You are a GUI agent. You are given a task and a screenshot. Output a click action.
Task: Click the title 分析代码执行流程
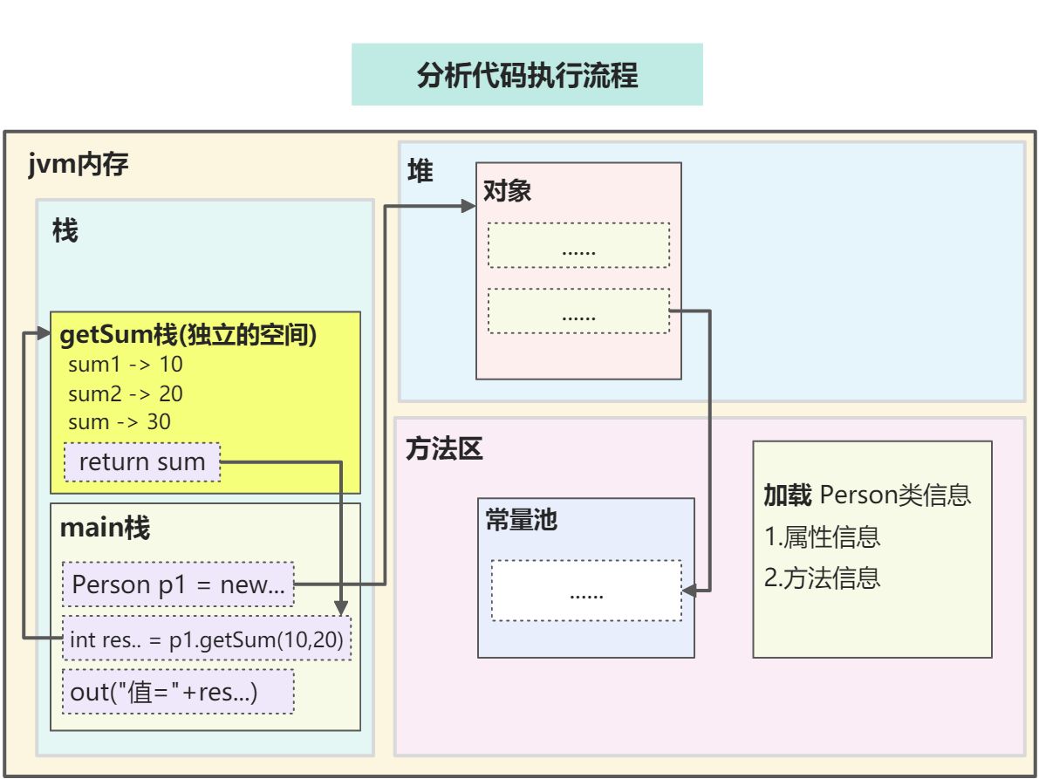point(527,75)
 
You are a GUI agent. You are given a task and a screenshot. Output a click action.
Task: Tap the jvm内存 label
point(79,164)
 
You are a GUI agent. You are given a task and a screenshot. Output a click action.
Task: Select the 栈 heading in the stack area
point(65,230)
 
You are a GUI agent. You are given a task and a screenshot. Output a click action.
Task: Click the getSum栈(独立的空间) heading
point(188,334)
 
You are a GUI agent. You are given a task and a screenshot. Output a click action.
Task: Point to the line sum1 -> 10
point(126,365)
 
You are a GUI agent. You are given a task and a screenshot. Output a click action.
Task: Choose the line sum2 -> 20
point(126,393)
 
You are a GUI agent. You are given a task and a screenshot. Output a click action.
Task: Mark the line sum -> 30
point(120,422)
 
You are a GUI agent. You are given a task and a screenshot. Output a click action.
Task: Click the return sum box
point(142,461)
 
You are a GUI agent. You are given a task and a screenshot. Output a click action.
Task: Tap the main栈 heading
point(105,528)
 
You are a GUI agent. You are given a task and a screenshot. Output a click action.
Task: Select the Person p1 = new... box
point(178,584)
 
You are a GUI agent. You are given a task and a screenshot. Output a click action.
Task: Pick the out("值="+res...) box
point(178,692)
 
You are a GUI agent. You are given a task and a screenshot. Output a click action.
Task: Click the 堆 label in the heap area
point(420,171)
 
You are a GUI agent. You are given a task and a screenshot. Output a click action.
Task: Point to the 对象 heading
point(507,191)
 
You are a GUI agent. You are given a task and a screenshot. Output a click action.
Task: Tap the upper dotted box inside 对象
point(578,245)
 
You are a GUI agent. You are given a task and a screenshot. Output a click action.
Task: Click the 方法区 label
point(444,449)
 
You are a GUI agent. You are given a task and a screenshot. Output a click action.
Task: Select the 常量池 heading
point(522,520)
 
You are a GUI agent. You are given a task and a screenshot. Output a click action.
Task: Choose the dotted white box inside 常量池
point(586,591)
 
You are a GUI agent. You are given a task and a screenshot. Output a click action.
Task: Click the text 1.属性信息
point(823,536)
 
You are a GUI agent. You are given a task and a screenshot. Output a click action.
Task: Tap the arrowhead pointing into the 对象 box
point(468,206)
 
